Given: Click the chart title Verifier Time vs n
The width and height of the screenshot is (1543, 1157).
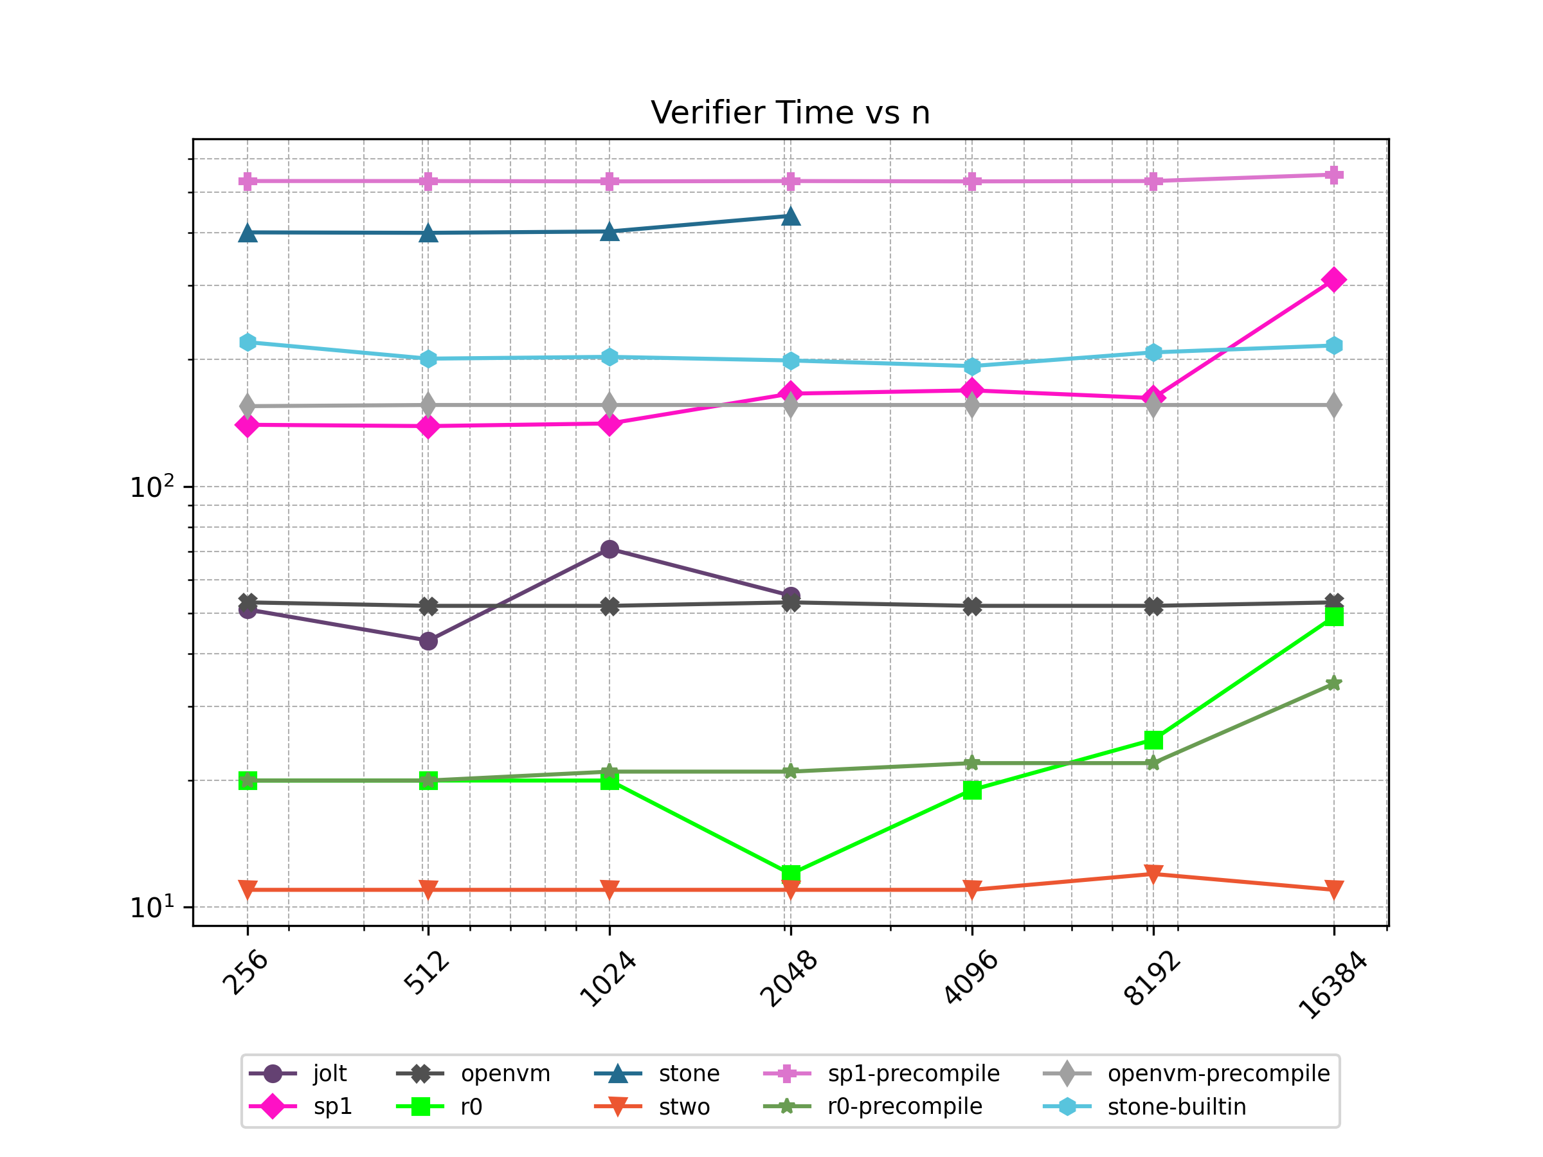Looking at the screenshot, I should tap(790, 113).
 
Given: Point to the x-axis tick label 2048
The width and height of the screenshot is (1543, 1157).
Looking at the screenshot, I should tap(788, 978).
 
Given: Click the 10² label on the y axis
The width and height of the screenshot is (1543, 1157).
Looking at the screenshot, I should tap(152, 486).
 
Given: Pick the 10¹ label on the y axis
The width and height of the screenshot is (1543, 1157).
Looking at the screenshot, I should tap(152, 906).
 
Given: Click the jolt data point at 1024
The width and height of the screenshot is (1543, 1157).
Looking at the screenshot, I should tap(609, 550).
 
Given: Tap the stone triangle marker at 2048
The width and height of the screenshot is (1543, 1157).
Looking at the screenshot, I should tap(790, 216).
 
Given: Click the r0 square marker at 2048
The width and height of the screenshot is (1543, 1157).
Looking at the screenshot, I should tap(790, 873).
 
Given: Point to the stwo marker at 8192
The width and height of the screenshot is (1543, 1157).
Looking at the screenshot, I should tap(1153, 873).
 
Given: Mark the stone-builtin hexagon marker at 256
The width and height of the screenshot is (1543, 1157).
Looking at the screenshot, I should tap(248, 343).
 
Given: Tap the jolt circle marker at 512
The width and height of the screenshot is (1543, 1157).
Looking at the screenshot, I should tap(428, 641).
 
